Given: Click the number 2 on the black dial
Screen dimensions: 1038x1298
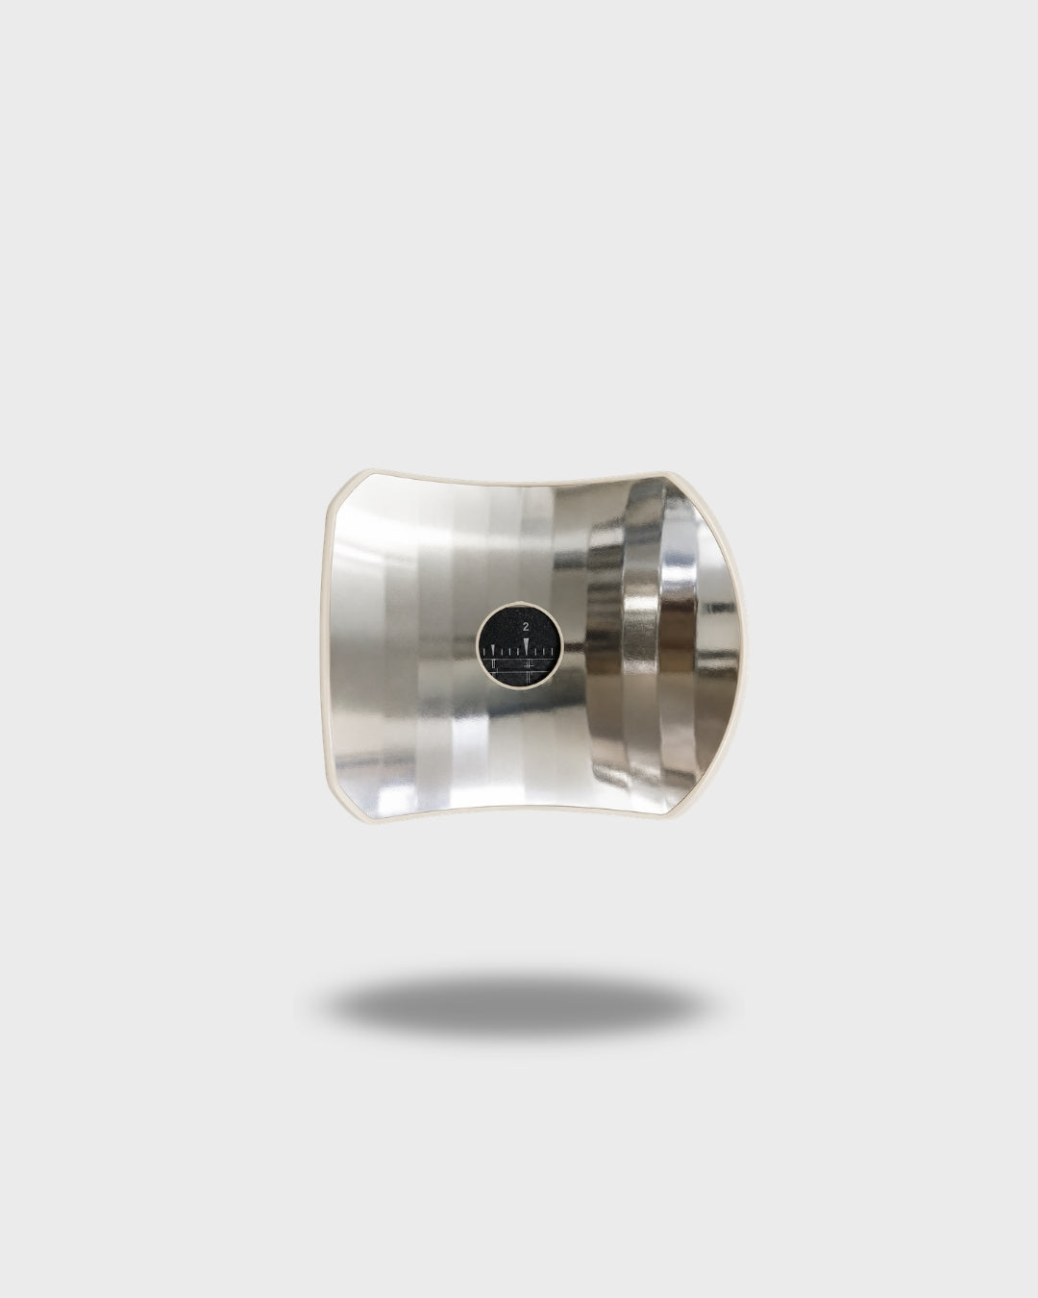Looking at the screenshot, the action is click(526, 626).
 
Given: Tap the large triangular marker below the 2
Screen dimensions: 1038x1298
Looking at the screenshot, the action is click(526, 645).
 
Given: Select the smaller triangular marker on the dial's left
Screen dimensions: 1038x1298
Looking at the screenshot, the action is click(493, 650).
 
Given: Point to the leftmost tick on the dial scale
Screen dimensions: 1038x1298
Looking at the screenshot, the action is click(483, 652).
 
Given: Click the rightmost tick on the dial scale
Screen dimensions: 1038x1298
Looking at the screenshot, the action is click(552, 652).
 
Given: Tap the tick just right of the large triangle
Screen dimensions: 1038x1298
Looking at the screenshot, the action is click(534, 652).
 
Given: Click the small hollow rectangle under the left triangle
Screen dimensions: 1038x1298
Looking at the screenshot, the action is click(493, 664).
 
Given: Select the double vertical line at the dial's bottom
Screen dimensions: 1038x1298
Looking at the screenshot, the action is click(528, 677).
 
